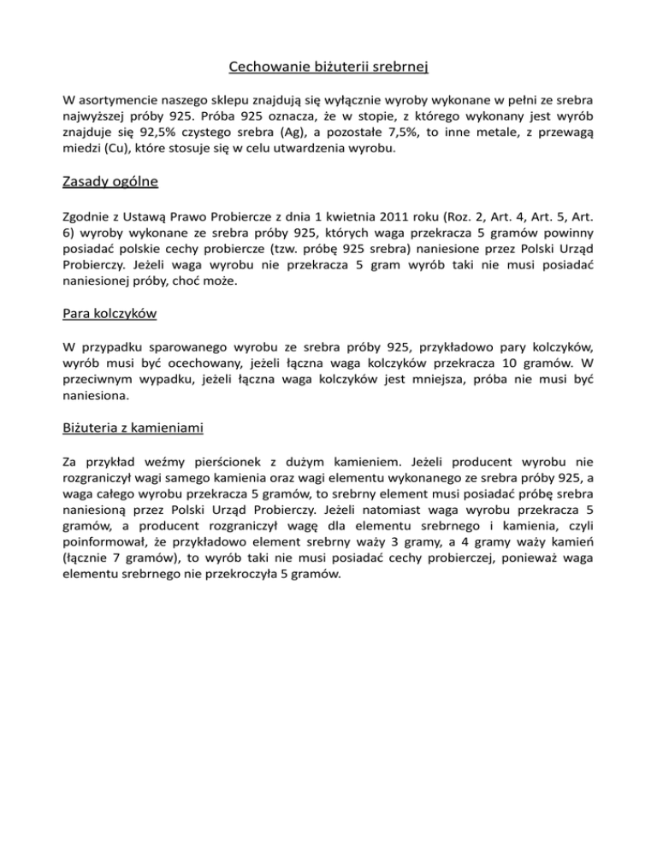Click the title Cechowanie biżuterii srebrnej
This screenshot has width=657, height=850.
328,66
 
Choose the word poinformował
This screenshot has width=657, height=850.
112,541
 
